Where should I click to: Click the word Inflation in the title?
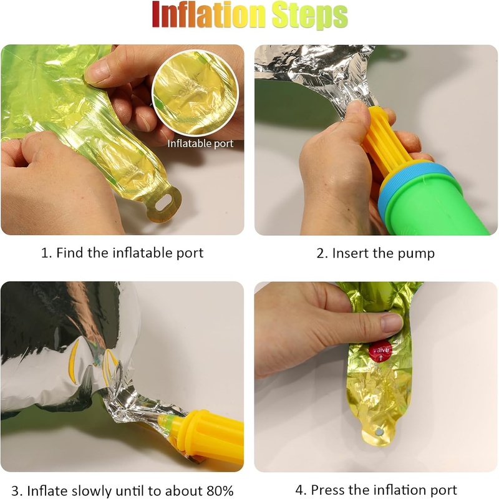[208, 15]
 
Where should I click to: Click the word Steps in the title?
[309, 16]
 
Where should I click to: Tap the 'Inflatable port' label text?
[200, 143]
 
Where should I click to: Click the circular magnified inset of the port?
[195, 92]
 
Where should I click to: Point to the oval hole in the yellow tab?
[163, 201]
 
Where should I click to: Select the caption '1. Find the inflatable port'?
[122, 253]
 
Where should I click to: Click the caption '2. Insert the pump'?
[375, 253]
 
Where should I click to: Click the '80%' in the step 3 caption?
[220, 490]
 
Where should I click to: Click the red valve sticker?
[380, 351]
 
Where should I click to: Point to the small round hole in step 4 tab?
[379, 432]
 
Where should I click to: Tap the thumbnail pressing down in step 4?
[392, 322]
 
